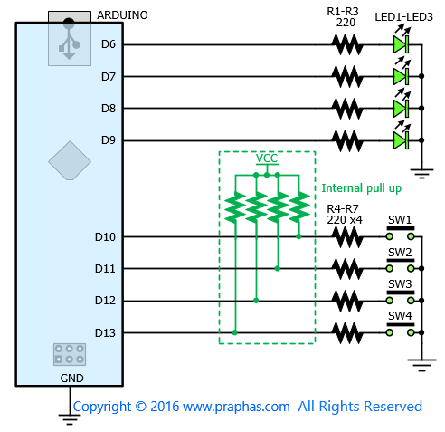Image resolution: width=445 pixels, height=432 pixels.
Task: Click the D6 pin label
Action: pyautogui.click(x=109, y=44)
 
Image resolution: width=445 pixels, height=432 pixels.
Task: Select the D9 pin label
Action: pyautogui.click(x=109, y=140)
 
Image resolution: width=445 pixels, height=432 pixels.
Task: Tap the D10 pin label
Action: pyautogui.click(x=105, y=237)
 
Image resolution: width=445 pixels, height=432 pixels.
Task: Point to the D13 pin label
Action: pyautogui.click(x=105, y=332)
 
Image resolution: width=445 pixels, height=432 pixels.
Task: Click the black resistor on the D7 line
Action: pyautogui.click(x=347, y=77)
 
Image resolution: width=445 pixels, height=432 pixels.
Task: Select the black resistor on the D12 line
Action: pyautogui.click(x=347, y=301)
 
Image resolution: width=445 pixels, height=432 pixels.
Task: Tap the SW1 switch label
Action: pyautogui.click(x=400, y=219)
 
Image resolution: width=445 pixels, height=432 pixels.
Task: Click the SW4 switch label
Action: pyautogui.click(x=400, y=316)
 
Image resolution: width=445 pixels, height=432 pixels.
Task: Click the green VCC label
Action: pyautogui.click(x=267, y=158)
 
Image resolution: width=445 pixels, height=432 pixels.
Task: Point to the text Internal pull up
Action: pyautogui.click(x=362, y=188)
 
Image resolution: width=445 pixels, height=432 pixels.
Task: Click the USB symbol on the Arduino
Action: pyautogui.click(x=70, y=39)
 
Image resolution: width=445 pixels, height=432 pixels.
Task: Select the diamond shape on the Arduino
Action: pyautogui.click(x=70, y=160)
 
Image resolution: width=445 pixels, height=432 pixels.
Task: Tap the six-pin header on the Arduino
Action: pyautogui.click(x=70, y=354)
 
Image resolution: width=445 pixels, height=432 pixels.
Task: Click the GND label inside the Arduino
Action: pyautogui.click(x=71, y=379)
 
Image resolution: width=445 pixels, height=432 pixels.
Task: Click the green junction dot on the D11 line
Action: pyautogui.click(x=278, y=268)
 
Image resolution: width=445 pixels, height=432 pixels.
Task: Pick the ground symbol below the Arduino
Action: pyautogui.click(x=70, y=419)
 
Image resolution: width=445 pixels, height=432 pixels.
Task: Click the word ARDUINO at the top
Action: pyautogui.click(x=122, y=15)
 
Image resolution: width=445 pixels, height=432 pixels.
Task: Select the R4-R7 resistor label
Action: pyautogui.click(x=343, y=208)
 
